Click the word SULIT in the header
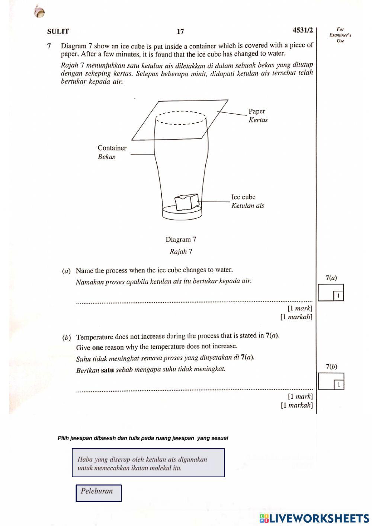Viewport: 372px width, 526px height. (x=58, y=32)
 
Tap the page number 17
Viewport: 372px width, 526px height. (x=180, y=32)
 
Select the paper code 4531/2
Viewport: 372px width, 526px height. (x=303, y=30)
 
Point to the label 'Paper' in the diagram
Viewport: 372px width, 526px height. (x=257, y=111)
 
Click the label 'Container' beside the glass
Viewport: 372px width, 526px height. (x=112, y=148)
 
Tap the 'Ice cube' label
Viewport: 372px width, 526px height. (x=243, y=197)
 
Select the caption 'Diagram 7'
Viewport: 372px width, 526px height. (x=181, y=239)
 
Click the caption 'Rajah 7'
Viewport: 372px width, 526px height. (x=181, y=252)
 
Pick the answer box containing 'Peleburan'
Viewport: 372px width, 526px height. (x=99, y=493)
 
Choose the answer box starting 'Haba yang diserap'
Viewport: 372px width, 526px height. (x=148, y=463)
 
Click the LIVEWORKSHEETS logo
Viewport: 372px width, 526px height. (x=314, y=518)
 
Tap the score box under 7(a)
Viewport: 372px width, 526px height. (x=331, y=293)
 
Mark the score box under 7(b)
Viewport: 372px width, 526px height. (x=331, y=382)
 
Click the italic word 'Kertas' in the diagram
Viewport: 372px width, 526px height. (x=258, y=120)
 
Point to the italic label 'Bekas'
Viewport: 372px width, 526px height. (x=106, y=157)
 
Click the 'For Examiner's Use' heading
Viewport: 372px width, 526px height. (x=340, y=35)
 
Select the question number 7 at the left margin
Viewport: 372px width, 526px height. (x=49, y=46)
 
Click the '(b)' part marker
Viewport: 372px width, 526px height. (x=67, y=338)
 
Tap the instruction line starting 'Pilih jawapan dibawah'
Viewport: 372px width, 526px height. (x=143, y=438)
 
